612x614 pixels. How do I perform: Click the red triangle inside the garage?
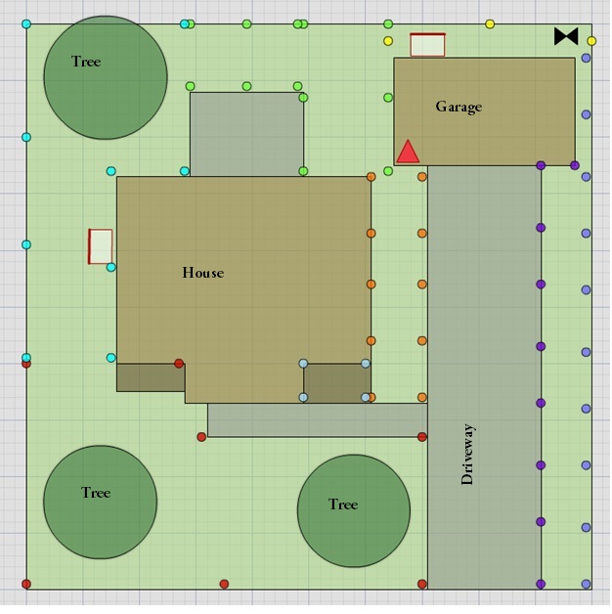pos(408,152)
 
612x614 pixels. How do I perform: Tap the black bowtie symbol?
pos(566,36)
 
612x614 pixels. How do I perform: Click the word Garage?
pos(459,107)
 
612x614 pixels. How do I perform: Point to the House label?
pos(202,273)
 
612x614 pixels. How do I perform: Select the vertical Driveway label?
pos(467,455)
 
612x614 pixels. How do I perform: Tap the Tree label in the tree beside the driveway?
pos(343,504)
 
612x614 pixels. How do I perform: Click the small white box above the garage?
pos(427,45)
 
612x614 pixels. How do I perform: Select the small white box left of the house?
pos(101,246)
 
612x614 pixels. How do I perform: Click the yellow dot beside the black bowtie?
pos(591,41)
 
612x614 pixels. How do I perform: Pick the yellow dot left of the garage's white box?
pos(388,41)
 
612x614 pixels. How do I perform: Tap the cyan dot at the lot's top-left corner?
pos(26,23)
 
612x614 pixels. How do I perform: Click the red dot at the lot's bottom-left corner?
pos(26,585)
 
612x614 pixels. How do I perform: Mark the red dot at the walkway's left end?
pos(201,437)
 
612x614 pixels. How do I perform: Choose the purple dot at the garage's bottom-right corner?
pos(575,165)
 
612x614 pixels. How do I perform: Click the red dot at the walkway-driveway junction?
pos(422,437)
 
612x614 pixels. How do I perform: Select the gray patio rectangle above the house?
pos(246,134)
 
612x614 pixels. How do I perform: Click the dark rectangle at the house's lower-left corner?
pos(151,377)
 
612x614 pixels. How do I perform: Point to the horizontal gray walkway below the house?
pos(318,420)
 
